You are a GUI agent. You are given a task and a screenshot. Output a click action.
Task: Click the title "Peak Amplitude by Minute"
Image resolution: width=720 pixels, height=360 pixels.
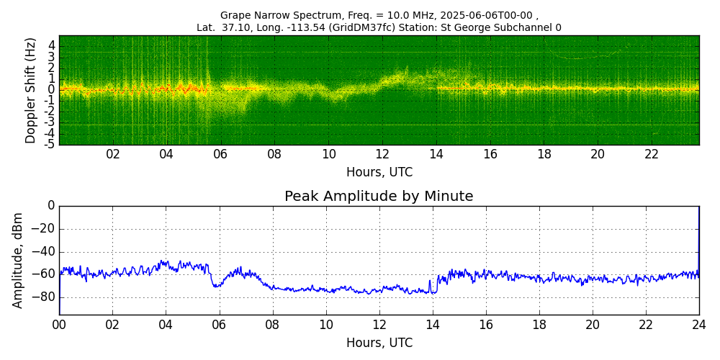(379, 197)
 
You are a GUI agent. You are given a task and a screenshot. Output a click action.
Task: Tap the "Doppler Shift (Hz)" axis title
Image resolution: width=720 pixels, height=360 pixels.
(30, 91)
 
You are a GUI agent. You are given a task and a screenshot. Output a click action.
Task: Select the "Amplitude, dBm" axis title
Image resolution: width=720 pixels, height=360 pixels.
(17, 260)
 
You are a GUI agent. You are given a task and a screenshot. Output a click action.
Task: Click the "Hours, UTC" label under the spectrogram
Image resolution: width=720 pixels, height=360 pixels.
(379, 172)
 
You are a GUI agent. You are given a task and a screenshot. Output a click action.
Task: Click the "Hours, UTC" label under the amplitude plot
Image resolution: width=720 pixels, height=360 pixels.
(379, 343)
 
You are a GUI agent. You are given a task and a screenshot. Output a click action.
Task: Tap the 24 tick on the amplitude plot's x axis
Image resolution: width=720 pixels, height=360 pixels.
(699, 323)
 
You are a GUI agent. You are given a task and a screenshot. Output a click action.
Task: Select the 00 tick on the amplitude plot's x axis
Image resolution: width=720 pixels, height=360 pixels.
(59, 323)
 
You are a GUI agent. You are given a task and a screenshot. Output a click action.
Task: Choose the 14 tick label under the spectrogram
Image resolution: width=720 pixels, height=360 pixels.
(437, 153)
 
